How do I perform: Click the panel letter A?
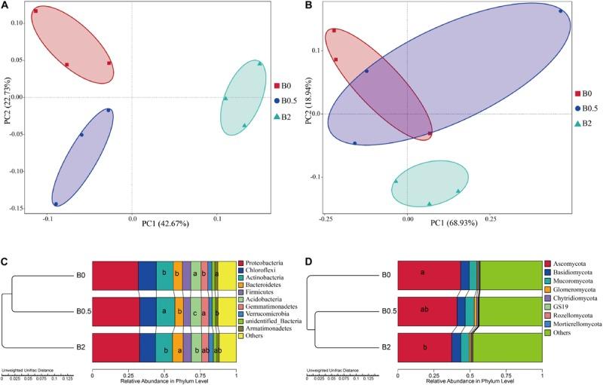6,6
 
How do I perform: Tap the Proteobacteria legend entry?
267,262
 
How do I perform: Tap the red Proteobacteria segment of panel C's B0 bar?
115,274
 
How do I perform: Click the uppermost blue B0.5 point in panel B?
561,11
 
